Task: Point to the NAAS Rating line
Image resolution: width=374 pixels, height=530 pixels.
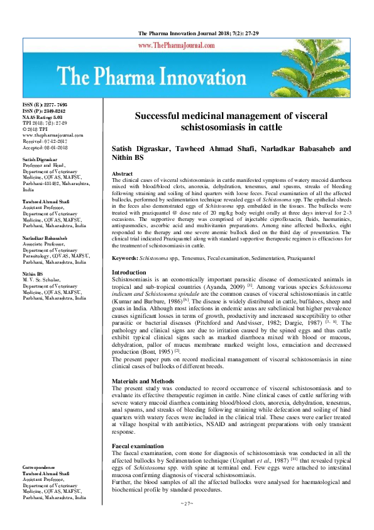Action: pos(44,116)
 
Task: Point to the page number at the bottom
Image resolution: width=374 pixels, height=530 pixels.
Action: pos(186,504)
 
